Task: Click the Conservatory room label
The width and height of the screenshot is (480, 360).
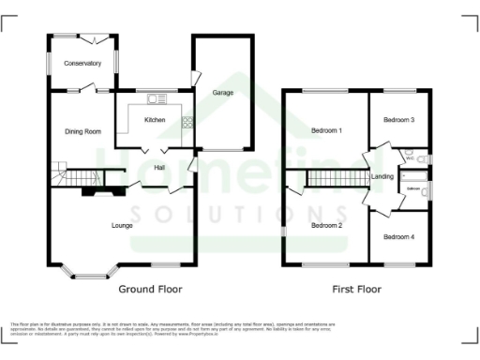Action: (82, 64)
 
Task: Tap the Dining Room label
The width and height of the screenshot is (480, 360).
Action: (82, 131)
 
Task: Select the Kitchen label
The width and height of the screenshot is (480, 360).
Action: (155, 121)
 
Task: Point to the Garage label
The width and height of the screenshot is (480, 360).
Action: (222, 93)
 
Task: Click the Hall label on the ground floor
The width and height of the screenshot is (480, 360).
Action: (160, 168)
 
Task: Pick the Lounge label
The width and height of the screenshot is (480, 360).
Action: (122, 225)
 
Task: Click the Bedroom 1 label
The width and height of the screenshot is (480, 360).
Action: (326, 131)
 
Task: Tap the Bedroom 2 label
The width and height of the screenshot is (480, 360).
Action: (326, 225)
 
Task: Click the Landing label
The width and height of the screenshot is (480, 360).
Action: (382, 176)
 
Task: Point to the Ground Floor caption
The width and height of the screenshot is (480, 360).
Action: (150, 290)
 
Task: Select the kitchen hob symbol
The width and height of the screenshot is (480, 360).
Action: (187, 121)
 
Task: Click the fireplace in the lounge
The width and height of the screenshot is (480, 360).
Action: (97, 191)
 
